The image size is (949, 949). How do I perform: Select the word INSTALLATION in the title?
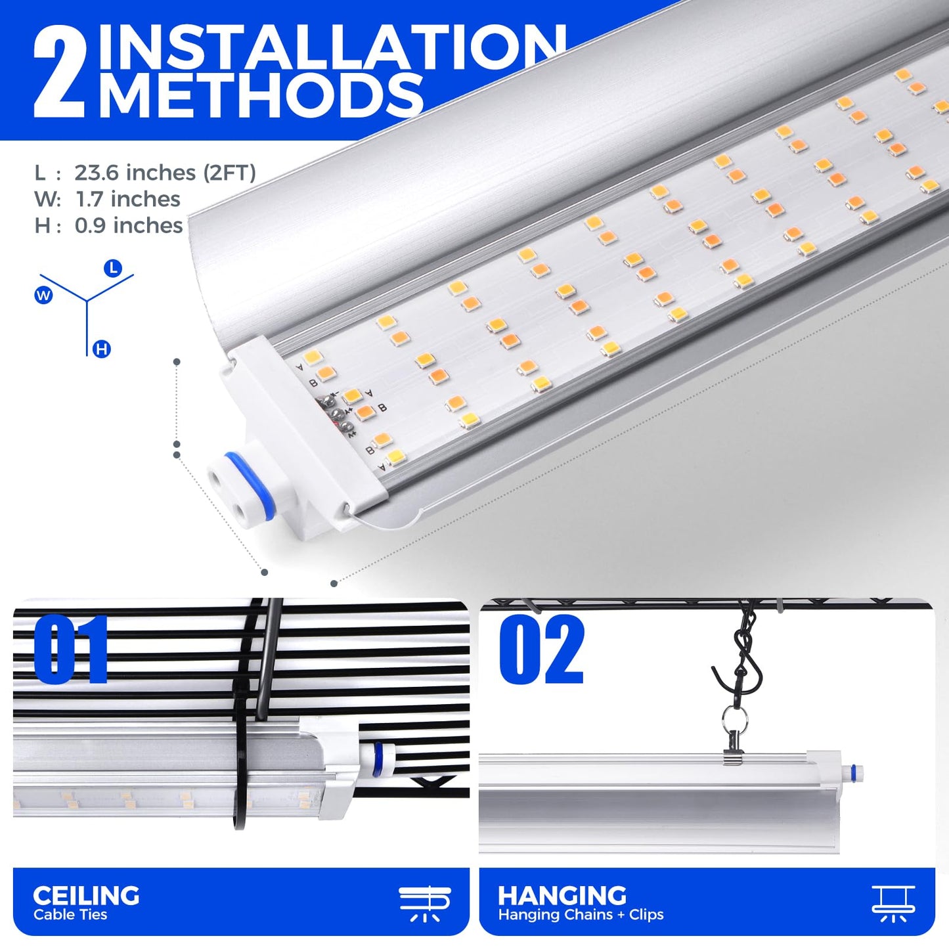click(333, 46)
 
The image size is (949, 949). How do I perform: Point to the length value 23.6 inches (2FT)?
click(165, 173)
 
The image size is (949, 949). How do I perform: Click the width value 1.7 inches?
click(127, 200)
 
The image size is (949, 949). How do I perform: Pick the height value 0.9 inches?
click(129, 226)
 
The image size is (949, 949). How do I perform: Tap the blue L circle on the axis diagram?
click(113, 269)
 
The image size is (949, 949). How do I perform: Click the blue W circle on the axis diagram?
click(43, 296)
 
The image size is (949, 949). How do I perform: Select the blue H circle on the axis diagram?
click(101, 349)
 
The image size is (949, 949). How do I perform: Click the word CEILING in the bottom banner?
click(86, 895)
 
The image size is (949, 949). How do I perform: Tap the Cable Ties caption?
click(70, 915)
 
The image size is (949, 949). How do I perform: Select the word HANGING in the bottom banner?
click(562, 895)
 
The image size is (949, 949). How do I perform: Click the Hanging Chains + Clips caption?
click(581, 915)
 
